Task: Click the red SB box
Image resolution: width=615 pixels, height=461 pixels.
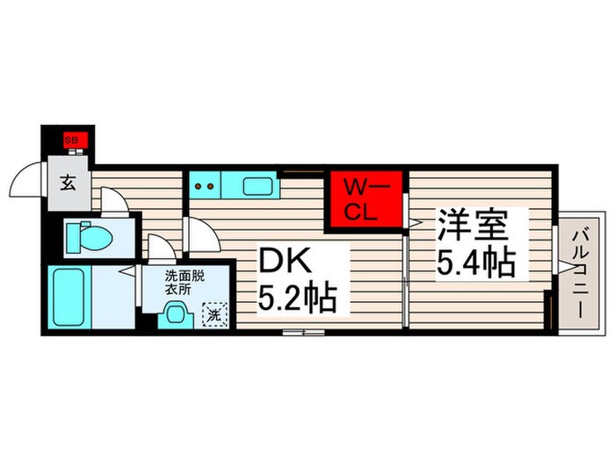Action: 69,140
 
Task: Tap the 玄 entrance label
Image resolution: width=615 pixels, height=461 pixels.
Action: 68,184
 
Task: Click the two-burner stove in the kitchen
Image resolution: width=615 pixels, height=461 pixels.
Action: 204,185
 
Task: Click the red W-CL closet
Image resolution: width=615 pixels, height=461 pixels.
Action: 363,199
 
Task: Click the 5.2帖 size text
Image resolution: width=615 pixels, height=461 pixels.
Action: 296,299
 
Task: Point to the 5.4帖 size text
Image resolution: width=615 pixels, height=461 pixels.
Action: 475,262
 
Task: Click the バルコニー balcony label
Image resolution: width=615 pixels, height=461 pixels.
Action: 581,271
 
